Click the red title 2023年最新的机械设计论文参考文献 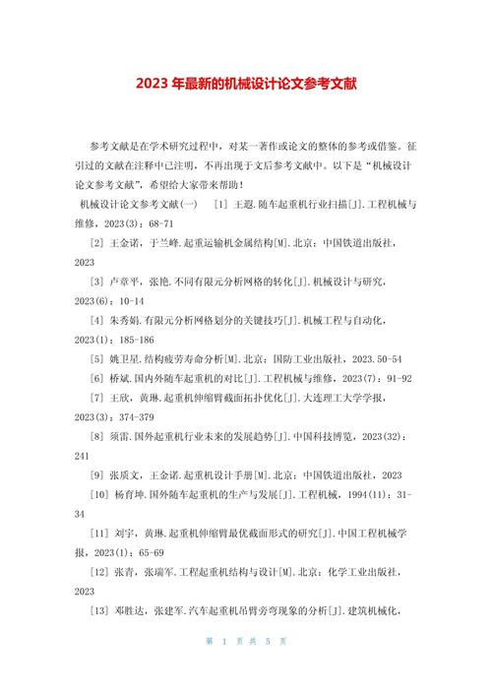pyautogui.click(x=246, y=84)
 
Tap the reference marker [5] pyautogui.click(x=97, y=358)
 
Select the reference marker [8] pyautogui.click(x=97, y=436)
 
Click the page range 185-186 pyautogui.click(x=143, y=340)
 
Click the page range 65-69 pyautogui.click(x=144, y=552)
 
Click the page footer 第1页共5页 pyautogui.click(x=246, y=668)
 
